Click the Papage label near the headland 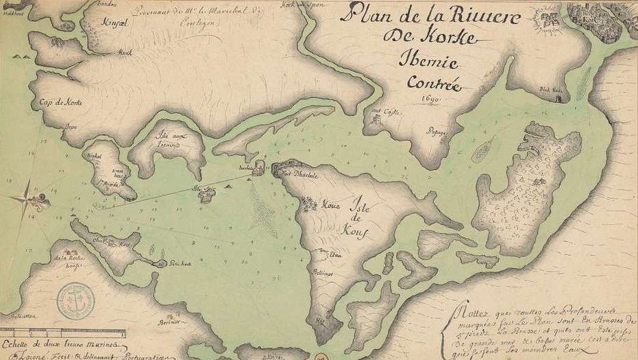pos(437,131)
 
